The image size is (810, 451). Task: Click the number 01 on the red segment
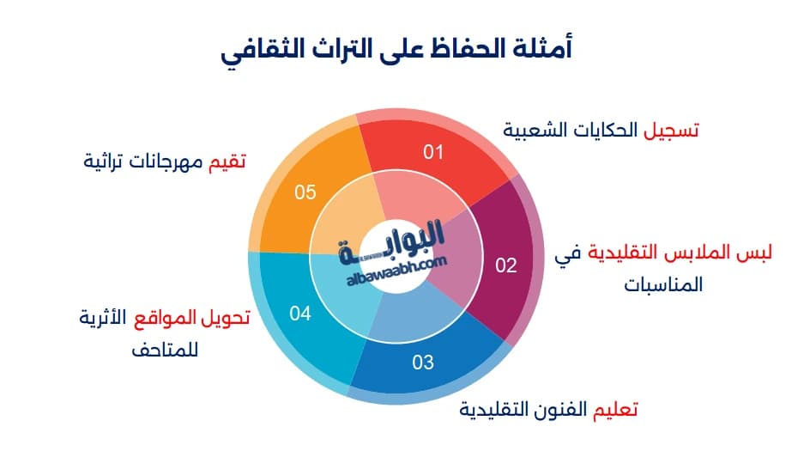[x=433, y=153]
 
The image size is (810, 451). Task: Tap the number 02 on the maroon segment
[x=506, y=265]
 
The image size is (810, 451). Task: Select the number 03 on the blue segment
[x=423, y=363]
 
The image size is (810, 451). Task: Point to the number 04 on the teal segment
[x=299, y=314]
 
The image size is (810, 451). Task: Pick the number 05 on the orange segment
[x=305, y=192]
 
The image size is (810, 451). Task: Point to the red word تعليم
[x=615, y=408]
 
